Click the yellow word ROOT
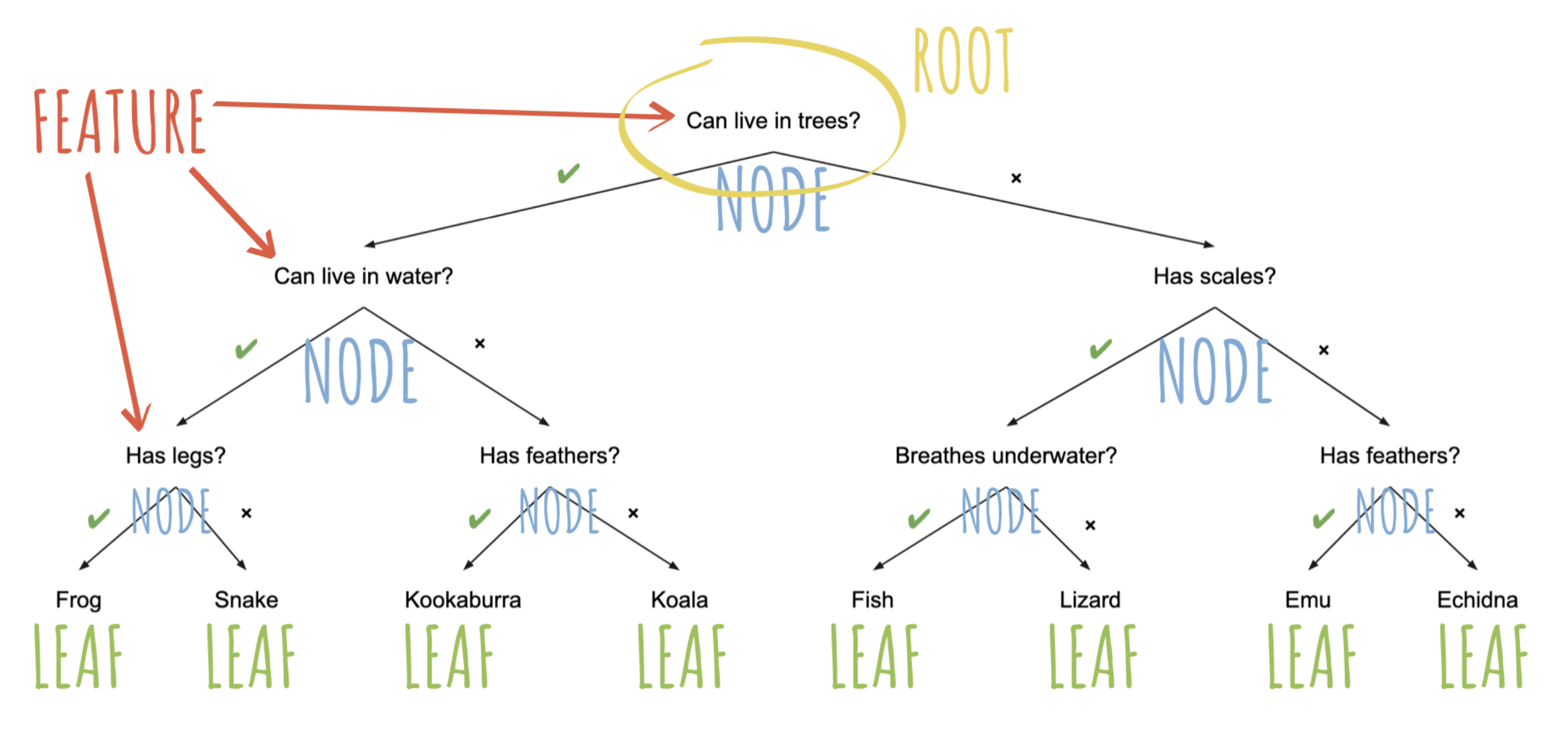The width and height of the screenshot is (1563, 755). (963, 61)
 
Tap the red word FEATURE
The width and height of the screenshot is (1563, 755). (120, 121)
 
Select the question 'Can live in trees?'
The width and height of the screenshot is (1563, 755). (772, 121)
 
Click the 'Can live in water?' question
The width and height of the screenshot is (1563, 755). (363, 276)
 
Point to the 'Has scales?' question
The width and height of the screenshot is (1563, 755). (1214, 276)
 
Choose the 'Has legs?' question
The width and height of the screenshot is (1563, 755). (175, 455)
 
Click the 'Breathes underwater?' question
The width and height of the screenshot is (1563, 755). (1006, 455)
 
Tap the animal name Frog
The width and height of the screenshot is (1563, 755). (78, 600)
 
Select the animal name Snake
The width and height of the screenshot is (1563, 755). (246, 600)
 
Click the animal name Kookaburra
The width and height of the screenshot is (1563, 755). (462, 600)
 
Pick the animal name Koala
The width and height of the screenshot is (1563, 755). (679, 600)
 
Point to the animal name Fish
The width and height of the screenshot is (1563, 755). (872, 600)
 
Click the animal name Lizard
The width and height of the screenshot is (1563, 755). (1090, 600)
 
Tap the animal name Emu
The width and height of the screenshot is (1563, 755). (1307, 600)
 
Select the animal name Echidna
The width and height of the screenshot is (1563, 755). (1477, 600)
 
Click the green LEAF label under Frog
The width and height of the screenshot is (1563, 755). (78, 656)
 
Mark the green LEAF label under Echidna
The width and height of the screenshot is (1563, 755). (1483, 656)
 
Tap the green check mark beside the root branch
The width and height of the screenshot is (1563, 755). (569, 174)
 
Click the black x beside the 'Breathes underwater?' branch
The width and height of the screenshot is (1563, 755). (1090, 525)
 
